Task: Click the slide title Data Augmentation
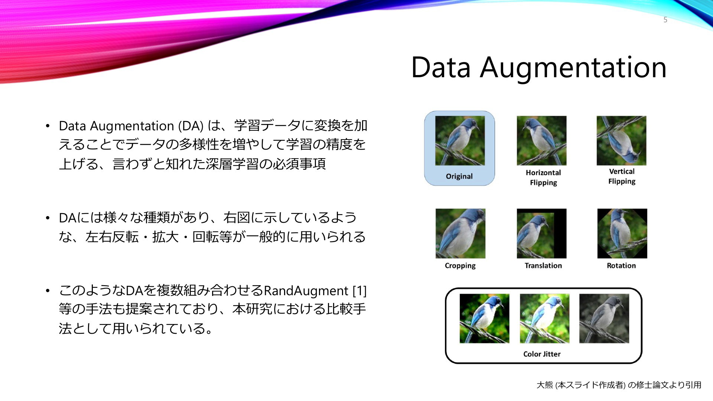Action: click(x=539, y=68)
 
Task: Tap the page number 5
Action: click(x=665, y=20)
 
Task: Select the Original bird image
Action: click(x=460, y=141)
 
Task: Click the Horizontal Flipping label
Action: click(x=543, y=177)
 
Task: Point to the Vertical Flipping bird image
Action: click(x=621, y=141)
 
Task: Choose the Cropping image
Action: click(x=460, y=234)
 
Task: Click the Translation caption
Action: click(x=543, y=265)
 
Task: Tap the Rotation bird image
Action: click(x=622, y=234)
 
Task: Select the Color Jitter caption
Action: click(x=542, y=354)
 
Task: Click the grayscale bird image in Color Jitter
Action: click(x=604, y=319)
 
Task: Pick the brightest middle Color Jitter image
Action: click(x=544, y=319)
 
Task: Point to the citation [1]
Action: click(x=359, y=291)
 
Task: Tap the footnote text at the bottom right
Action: click(x=619, y=385)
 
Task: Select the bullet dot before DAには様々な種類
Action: click(x=48, y=218)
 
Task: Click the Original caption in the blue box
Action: click(x=459, y=176)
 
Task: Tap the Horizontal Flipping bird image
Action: click(x=541, y=141)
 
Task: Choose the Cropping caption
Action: click(x=460, y=266)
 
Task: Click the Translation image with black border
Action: click(x=541, y=234)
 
